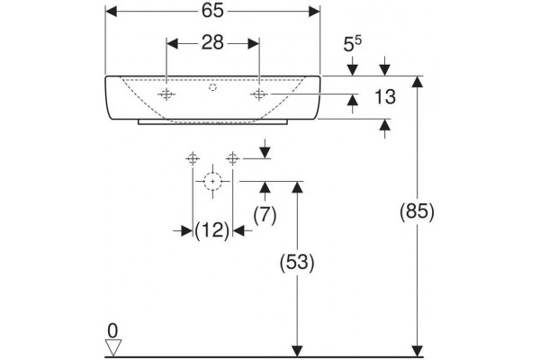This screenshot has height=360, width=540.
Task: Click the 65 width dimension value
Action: pyautogui.click(x=212, y=11)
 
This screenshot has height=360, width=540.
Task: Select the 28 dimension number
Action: pyautogui.click(x=212, y=42)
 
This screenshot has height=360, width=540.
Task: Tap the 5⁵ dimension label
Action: pyautogui.click(x=353, y=44)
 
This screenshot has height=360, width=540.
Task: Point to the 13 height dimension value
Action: pyautogui.click(x=385, y=97)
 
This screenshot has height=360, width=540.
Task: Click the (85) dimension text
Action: pyautogui.click(x=417, y=211)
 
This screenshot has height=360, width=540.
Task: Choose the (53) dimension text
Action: pyautogui.click(x=297, y=263)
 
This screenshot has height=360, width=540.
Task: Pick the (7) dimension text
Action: pyautogui.click(x=265, y=215)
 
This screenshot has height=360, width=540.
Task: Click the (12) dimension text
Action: pyautogui.click(x=211, y=230)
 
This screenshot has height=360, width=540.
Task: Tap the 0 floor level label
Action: pyautogui.click(x=112, y=331)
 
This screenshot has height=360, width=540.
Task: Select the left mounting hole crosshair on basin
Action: pyautogui.click(x=166, y=94)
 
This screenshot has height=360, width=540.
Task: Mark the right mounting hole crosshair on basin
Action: pyautogui.click(x=259, y=94)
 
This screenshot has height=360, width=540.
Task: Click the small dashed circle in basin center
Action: pyautogui.click(x=212, y=87)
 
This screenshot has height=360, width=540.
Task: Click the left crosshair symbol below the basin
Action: pyautogui.click(x=193, y=158)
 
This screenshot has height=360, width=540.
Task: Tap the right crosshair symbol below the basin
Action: pyautogui.click(x=233, y=158)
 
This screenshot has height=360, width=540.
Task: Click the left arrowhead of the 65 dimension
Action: pyautogui.click(x=111, y=12)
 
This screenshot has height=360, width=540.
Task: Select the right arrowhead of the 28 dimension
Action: pyautogui.click(x=254, y=43)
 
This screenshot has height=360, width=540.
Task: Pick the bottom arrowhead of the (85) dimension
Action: pyautogui.click(x=418, y=351)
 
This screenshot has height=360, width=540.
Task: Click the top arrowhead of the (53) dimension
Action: pyautogui.click(x=297, y=187)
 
